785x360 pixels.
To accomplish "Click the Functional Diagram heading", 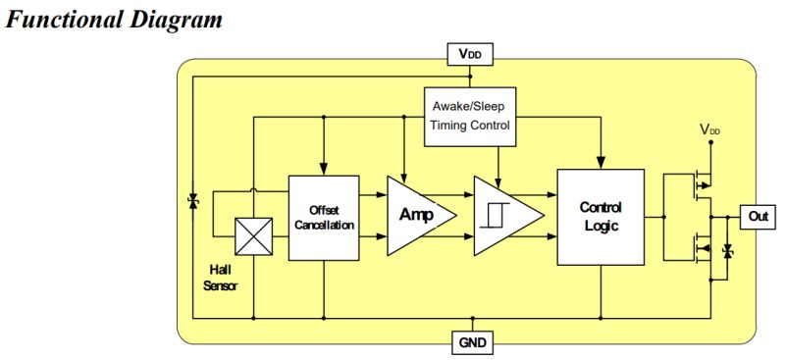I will pos(115,19).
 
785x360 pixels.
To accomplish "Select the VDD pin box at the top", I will pos(471,54).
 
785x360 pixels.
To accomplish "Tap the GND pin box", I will pos(471,342).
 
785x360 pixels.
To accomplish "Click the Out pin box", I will pos(757,217).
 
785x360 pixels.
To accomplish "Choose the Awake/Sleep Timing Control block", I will pos(470,116).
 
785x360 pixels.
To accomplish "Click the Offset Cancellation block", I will pos(323,218).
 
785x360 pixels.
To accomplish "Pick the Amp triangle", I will pos(417,216).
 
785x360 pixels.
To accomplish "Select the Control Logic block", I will pos(601,217).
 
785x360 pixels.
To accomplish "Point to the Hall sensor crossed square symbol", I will pos(254,236).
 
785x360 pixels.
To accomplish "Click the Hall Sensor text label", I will pos(220,277).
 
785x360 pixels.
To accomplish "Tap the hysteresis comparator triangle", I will pos(503,217).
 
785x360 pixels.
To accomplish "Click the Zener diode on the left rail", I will pos(193,201).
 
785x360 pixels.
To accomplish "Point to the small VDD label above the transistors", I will pos(712,129).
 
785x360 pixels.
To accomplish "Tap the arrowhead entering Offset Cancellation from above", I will pos(323,170).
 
